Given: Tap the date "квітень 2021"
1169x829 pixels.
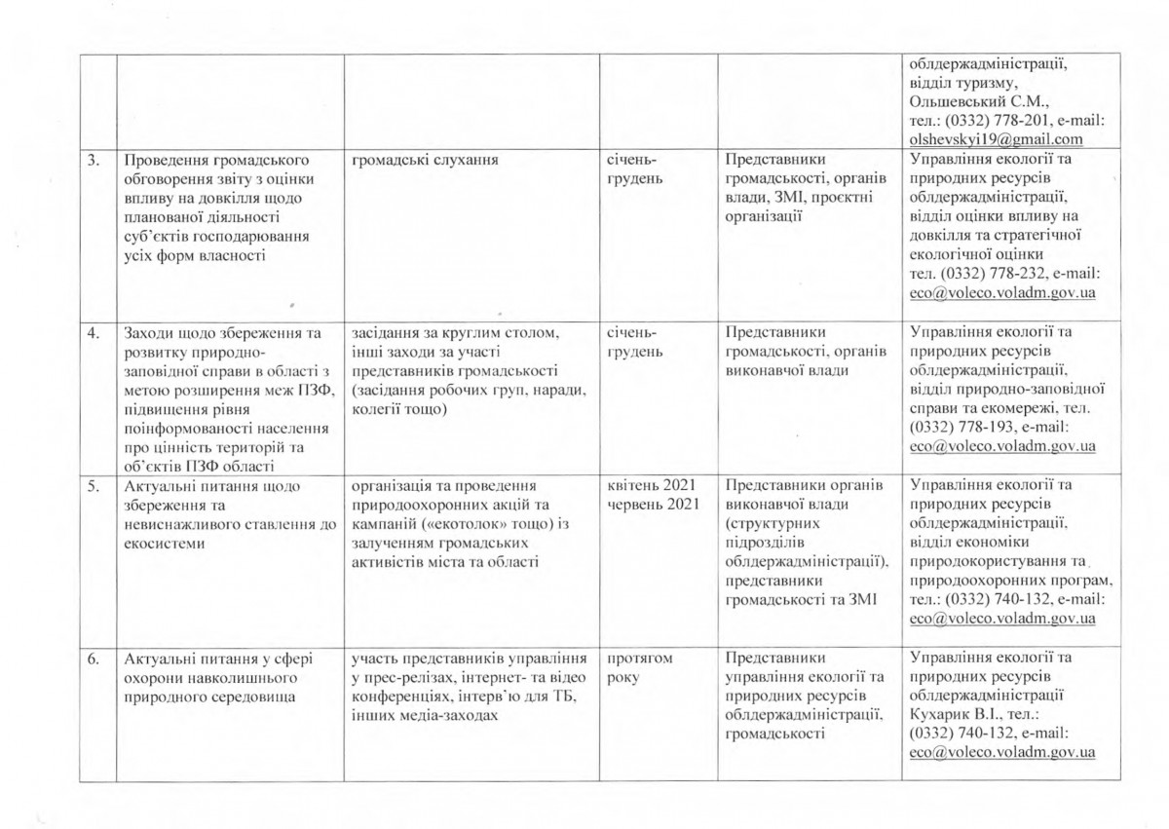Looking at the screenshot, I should click(651, 484).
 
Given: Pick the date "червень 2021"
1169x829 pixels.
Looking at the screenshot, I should click(651, 503).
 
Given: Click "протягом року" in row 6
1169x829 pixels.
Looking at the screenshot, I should click(640, 667).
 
